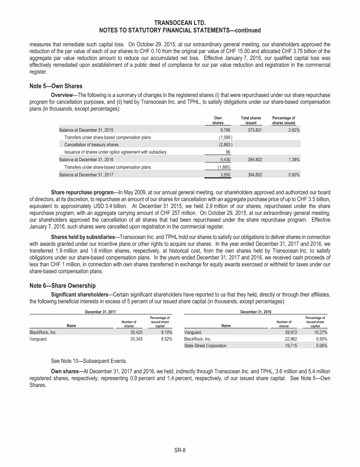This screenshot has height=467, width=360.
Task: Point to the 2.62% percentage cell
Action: pos(293,130)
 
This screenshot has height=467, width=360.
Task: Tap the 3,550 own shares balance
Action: pos(225,174)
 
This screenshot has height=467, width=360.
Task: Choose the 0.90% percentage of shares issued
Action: pos(293,174)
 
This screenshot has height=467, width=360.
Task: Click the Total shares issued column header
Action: pos(250,120)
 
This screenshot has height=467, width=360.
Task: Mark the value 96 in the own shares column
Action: pos(227,152)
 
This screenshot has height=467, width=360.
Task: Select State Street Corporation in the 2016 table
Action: pos(205,346)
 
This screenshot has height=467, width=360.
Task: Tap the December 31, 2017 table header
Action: pos(100,311)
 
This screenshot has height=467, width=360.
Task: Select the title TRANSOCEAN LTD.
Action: pos(180,22)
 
